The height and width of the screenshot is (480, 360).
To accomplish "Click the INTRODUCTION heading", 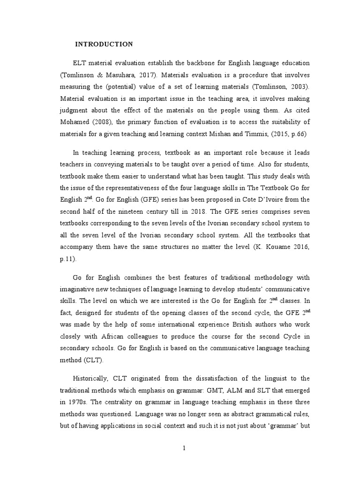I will click(x=104, y=45).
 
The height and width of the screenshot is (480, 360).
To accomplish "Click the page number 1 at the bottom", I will click(x=185, y=448).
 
